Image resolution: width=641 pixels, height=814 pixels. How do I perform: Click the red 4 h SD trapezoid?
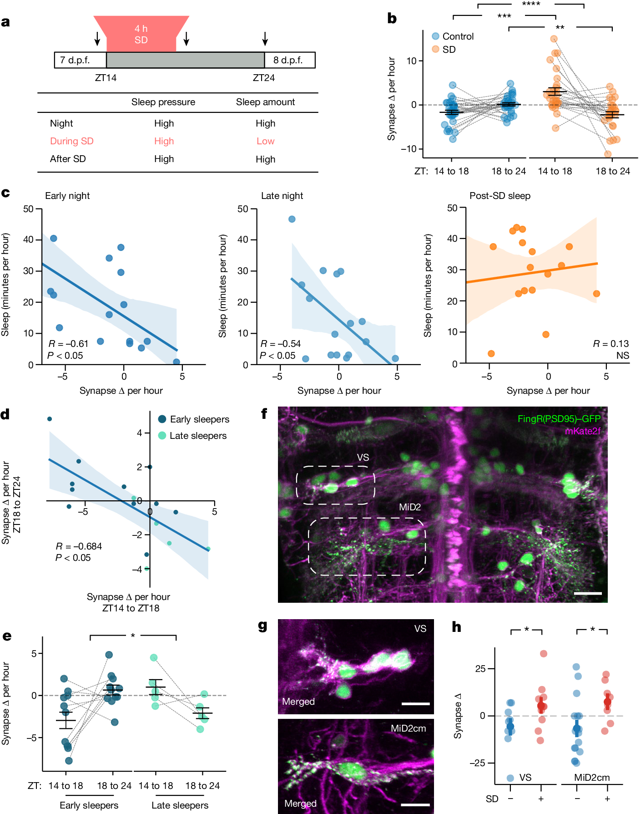pyautogui.click(x=141, y=34)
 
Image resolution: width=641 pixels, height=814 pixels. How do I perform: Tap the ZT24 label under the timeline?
pyautogui.click(x=264, y=78)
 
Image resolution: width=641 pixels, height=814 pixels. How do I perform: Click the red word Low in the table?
pyautogui.click(x=265, y=141)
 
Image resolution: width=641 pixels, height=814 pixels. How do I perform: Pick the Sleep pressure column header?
pyautogui.click(x=163, y=102)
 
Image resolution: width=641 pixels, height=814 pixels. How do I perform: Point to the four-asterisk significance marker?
pyautogui.click(x=531, y=5)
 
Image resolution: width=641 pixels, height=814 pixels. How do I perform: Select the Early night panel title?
pyautogui.click(x=67, y=196)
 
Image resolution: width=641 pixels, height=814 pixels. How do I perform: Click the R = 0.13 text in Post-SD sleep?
pyautogui.click(x=611, y=344)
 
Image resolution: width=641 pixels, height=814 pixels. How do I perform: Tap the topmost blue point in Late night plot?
pyautogui.click(x=292, y=219)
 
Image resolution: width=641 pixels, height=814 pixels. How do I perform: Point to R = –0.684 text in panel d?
pyautogui.click(x=79, y=546)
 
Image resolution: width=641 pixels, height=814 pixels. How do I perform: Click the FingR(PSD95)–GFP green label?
pyautogui.click(x=559, y=419)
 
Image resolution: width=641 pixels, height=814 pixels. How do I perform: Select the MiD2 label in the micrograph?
pyautogui.click(x=410, y=507)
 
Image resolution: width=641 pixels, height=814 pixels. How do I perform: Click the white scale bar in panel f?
pyautogui.click(x=588, y=593)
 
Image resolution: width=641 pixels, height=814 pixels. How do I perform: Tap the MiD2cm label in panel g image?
pyautogui.click(x=408, y=728)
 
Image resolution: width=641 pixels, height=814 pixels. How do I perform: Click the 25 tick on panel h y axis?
pyautogui.click(x=480, y=669)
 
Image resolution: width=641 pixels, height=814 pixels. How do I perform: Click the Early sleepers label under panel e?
pyautogui.click(x=89, y=805)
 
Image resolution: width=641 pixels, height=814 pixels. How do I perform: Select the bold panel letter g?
pyautogui.click(x=262, y=626)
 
